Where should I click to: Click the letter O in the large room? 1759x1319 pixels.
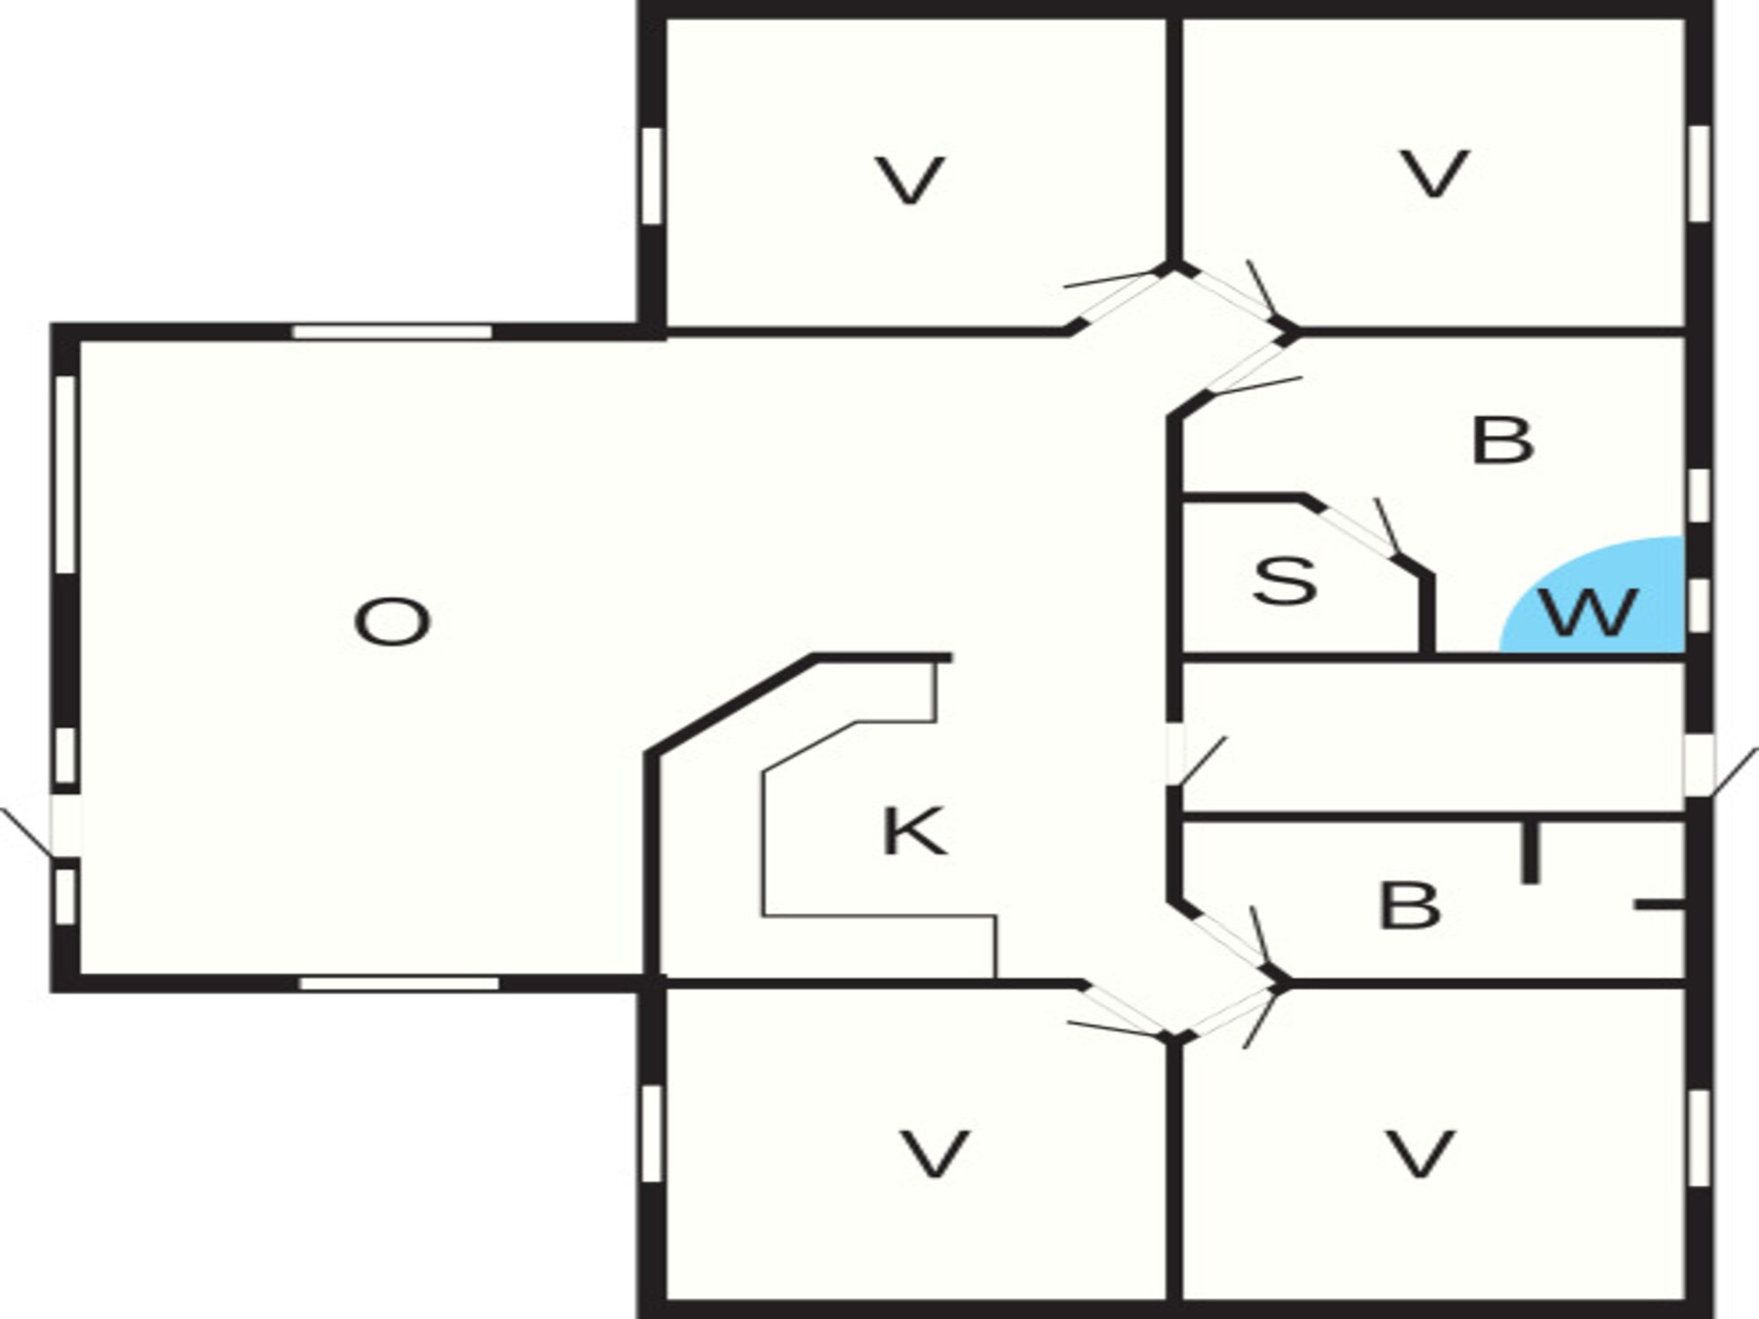pos(392,622)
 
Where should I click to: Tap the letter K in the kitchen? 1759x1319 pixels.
pos(913,831)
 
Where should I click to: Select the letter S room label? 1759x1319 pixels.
pos(1285,581)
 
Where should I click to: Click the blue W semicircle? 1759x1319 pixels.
pos(1592,595)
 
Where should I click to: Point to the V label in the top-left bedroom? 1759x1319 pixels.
pos(910,180)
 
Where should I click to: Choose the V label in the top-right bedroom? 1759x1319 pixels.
pos(1435,173)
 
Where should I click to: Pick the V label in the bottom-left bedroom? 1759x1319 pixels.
pos(934,1153)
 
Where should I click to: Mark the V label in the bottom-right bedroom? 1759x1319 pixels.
pos(1420,1153)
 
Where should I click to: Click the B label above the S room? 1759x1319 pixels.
pos(1502,440)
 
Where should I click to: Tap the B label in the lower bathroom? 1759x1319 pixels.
pos(1410,905)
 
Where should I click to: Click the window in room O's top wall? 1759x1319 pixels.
pos(392,332)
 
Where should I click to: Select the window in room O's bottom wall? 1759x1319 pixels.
pos(399,983)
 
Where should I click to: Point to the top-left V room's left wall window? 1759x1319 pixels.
pos(651,175)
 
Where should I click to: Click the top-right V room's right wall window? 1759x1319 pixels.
pos(1699,173)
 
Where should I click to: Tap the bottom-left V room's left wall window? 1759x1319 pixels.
pos(651,1134)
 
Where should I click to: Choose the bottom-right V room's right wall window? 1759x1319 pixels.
pos(1699,1139)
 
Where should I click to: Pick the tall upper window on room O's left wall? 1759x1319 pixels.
pos(65,474)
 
